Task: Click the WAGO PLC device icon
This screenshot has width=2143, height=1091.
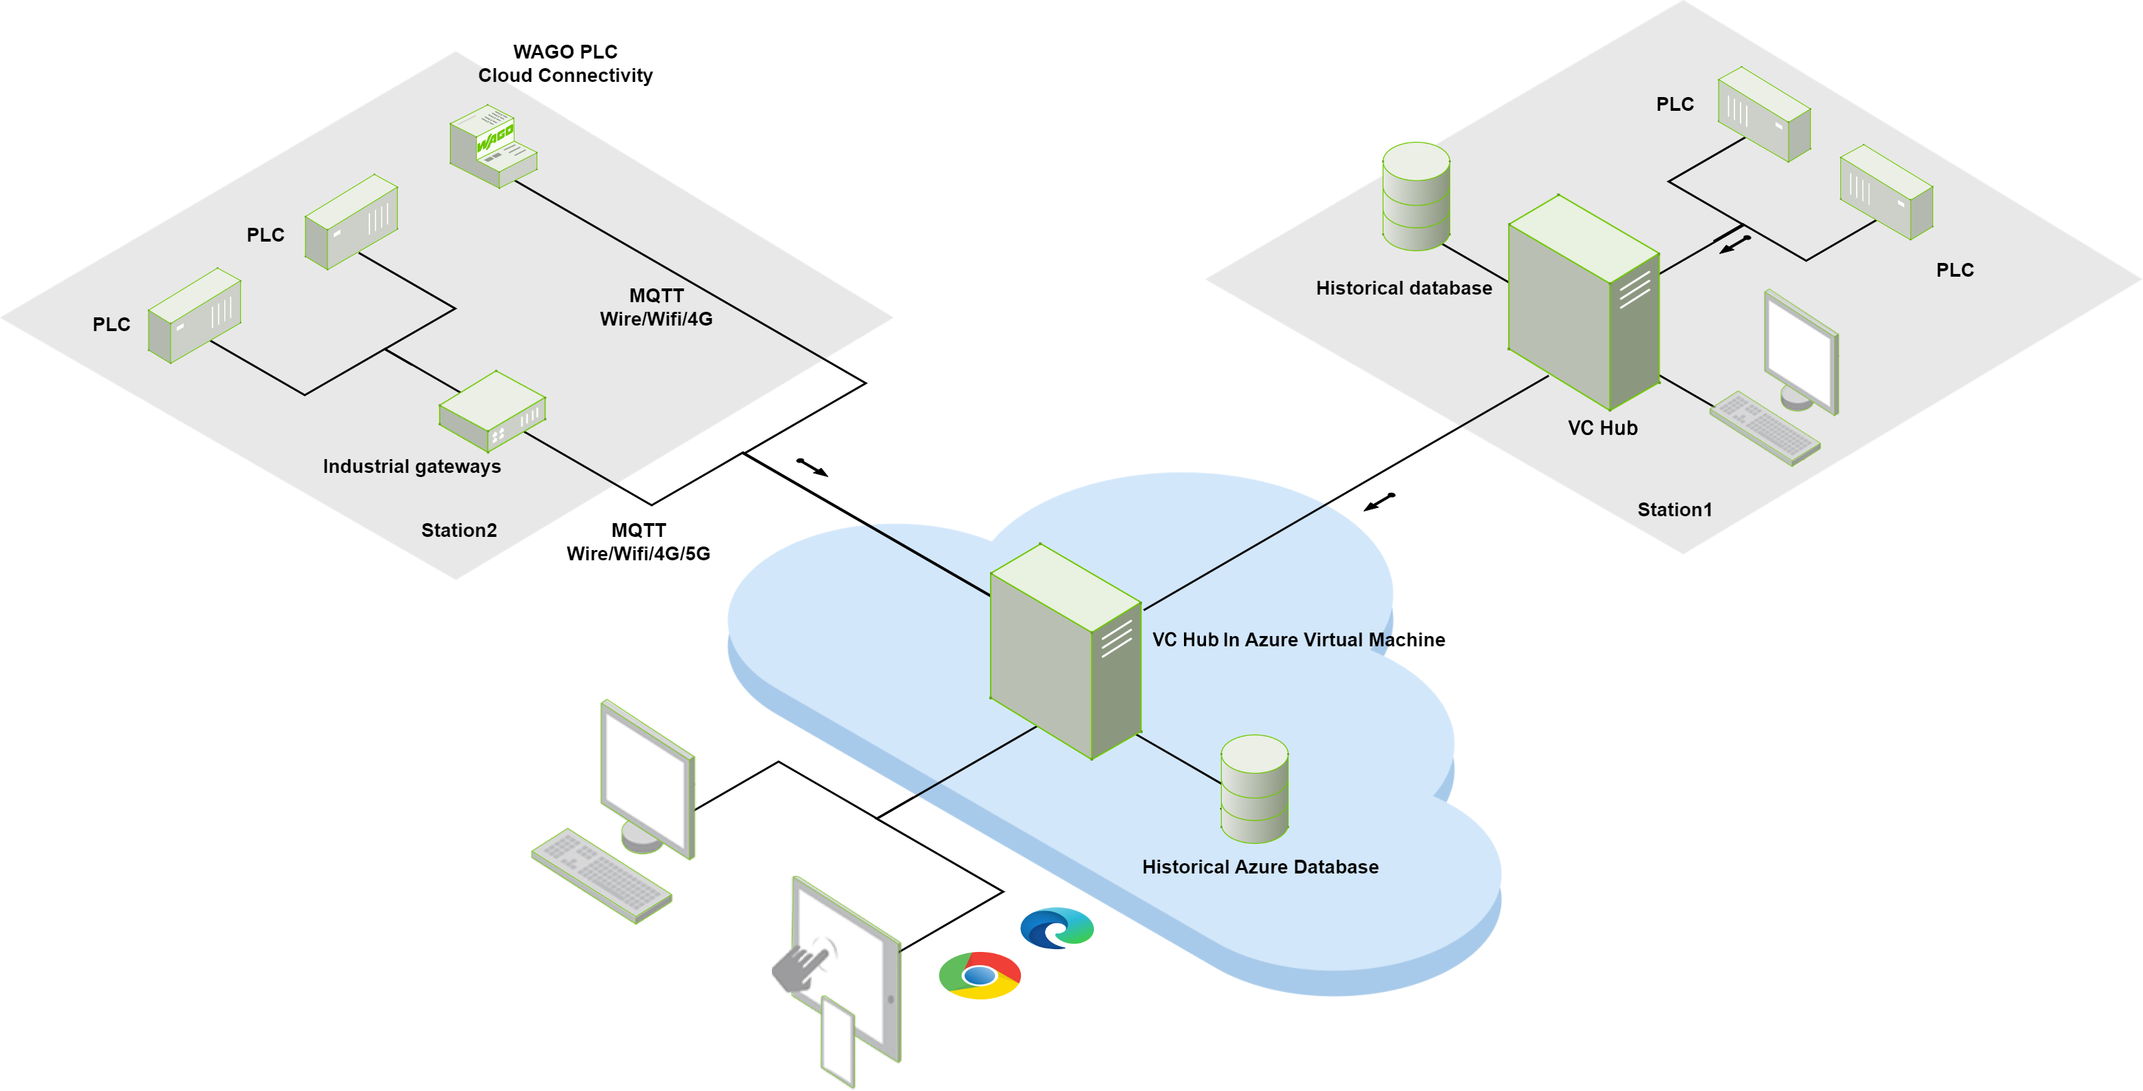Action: point(493,147)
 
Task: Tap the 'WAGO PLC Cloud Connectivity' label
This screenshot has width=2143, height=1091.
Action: point(565,63)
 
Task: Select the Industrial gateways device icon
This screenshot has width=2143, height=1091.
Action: point(492,411)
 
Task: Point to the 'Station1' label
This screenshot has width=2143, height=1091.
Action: point(1674,509)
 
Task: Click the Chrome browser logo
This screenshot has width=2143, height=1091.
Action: point(979,975)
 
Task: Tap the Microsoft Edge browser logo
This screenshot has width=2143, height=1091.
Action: point(1057,928)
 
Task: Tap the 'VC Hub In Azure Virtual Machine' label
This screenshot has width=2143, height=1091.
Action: point(1297,639)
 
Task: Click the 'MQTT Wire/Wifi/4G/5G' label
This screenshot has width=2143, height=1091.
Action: point(638,542)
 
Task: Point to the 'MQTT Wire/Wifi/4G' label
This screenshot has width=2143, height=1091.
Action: point(656,307)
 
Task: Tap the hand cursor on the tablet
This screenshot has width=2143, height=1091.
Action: point(801,965)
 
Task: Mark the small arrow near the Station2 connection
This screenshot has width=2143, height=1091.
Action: point(812,467)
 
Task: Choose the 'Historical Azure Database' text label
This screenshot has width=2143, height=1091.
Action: point(1260,867)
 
